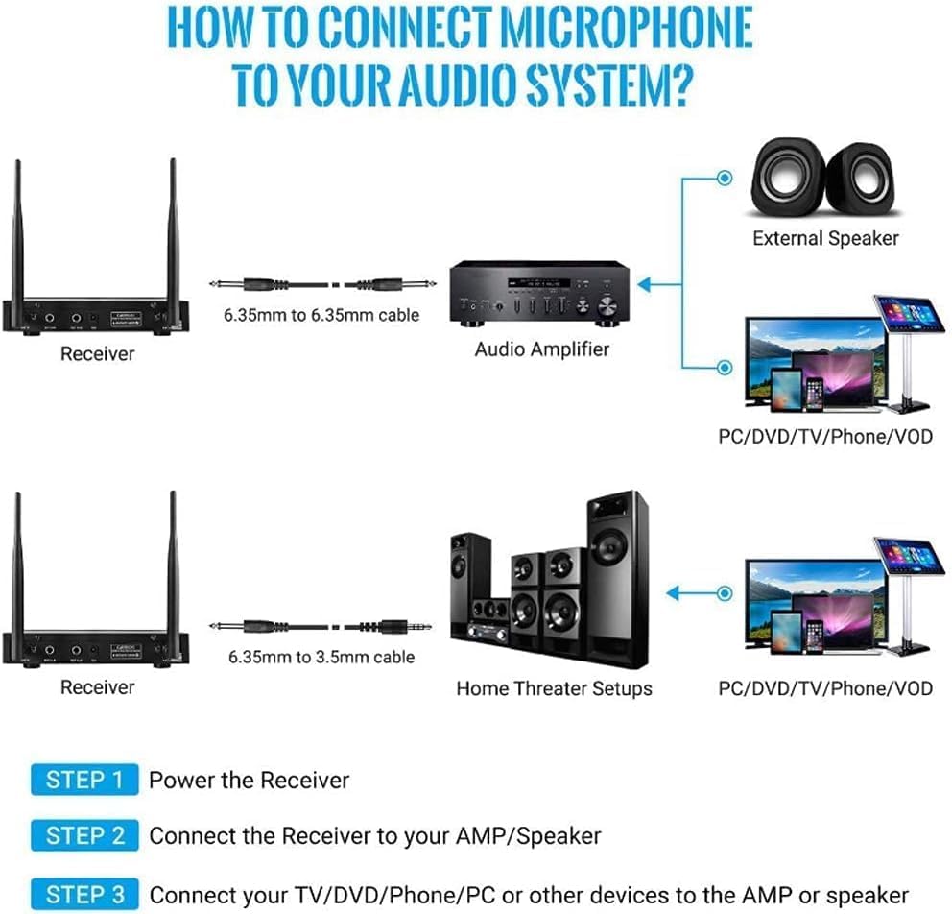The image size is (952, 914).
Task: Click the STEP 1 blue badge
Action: coord(84,780)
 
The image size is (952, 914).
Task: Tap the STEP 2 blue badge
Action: coord(84,835)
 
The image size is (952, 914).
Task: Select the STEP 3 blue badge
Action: coord(84,894)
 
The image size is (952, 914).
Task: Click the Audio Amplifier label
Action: coord(541,349)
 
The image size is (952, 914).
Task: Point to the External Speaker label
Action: coord(825,238)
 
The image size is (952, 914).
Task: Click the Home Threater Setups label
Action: coord(554,688)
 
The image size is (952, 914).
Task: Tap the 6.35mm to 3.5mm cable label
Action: coord(321,657)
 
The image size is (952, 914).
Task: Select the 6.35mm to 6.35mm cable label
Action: coord(321,314)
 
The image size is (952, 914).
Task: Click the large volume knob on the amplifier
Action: coord(607,306)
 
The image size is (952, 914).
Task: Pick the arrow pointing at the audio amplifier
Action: coord(656,284)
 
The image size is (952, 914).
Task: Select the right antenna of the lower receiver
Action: coord(173,566)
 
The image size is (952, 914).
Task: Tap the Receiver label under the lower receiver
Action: coord(97,687)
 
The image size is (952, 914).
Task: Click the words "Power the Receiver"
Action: coord(249,780)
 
